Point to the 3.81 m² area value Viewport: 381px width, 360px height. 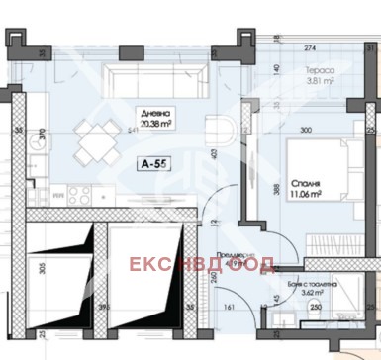coord(320,83)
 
